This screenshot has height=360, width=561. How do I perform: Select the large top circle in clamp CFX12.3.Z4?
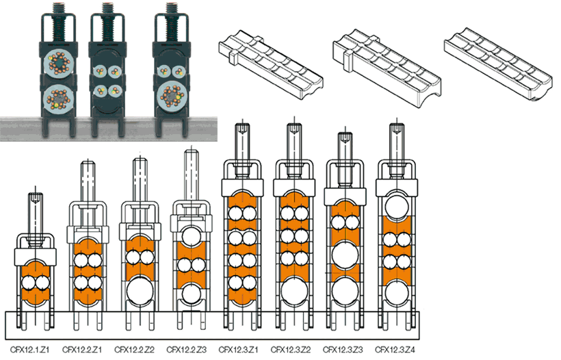[x=397, y=207]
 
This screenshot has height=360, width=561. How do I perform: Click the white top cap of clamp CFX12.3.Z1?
[x=242, y=185]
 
